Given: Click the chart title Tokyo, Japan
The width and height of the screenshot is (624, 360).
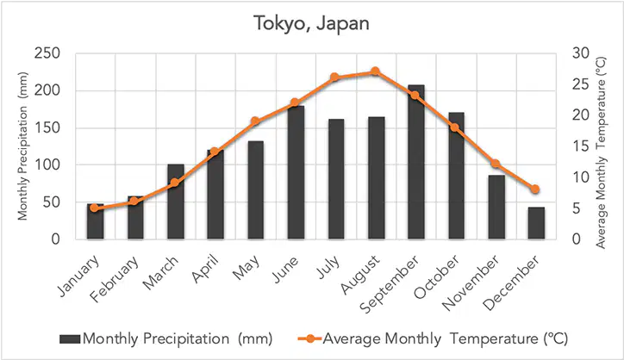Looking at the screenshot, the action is [x=312, y=23].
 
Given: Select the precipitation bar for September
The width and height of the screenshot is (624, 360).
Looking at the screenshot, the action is [x=416, y=162].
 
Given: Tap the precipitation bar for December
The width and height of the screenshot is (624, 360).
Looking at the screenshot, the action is [x=536, y=223].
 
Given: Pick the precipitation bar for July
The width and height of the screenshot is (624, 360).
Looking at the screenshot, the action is [x=336, y=179].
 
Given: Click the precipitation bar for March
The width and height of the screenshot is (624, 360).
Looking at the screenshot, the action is [x=176, y=202].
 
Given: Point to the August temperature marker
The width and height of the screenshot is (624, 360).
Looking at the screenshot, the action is [x=375, y=71].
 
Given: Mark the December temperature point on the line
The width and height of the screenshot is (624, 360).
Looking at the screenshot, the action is [x=535, y=189].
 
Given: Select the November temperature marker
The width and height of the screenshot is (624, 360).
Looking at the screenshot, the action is [x=495, y=164].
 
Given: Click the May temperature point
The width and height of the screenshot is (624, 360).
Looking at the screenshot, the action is [x=255, y=121].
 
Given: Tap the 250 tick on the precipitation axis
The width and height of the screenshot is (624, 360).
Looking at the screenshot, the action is [x=47, y=53].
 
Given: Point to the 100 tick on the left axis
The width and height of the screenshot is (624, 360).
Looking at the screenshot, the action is [x=47, y=164].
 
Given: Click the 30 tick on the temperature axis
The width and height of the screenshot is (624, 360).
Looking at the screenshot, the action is [x=581, y=53].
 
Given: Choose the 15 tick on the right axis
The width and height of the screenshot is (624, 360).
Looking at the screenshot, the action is [x=581, y=146].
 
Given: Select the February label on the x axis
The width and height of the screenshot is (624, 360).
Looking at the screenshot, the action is [x=115, y=279].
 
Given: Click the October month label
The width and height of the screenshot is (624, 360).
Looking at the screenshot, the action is [x=437, y=276].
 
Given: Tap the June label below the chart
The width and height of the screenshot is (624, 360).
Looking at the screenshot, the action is [x=285, y=270].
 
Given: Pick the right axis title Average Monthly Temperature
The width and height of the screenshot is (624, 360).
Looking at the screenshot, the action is [x=601, y=152].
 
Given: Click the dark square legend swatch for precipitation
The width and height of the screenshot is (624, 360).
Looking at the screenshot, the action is [x=70, y=339].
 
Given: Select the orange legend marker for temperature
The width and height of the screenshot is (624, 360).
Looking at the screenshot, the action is [x=309, y=339].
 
